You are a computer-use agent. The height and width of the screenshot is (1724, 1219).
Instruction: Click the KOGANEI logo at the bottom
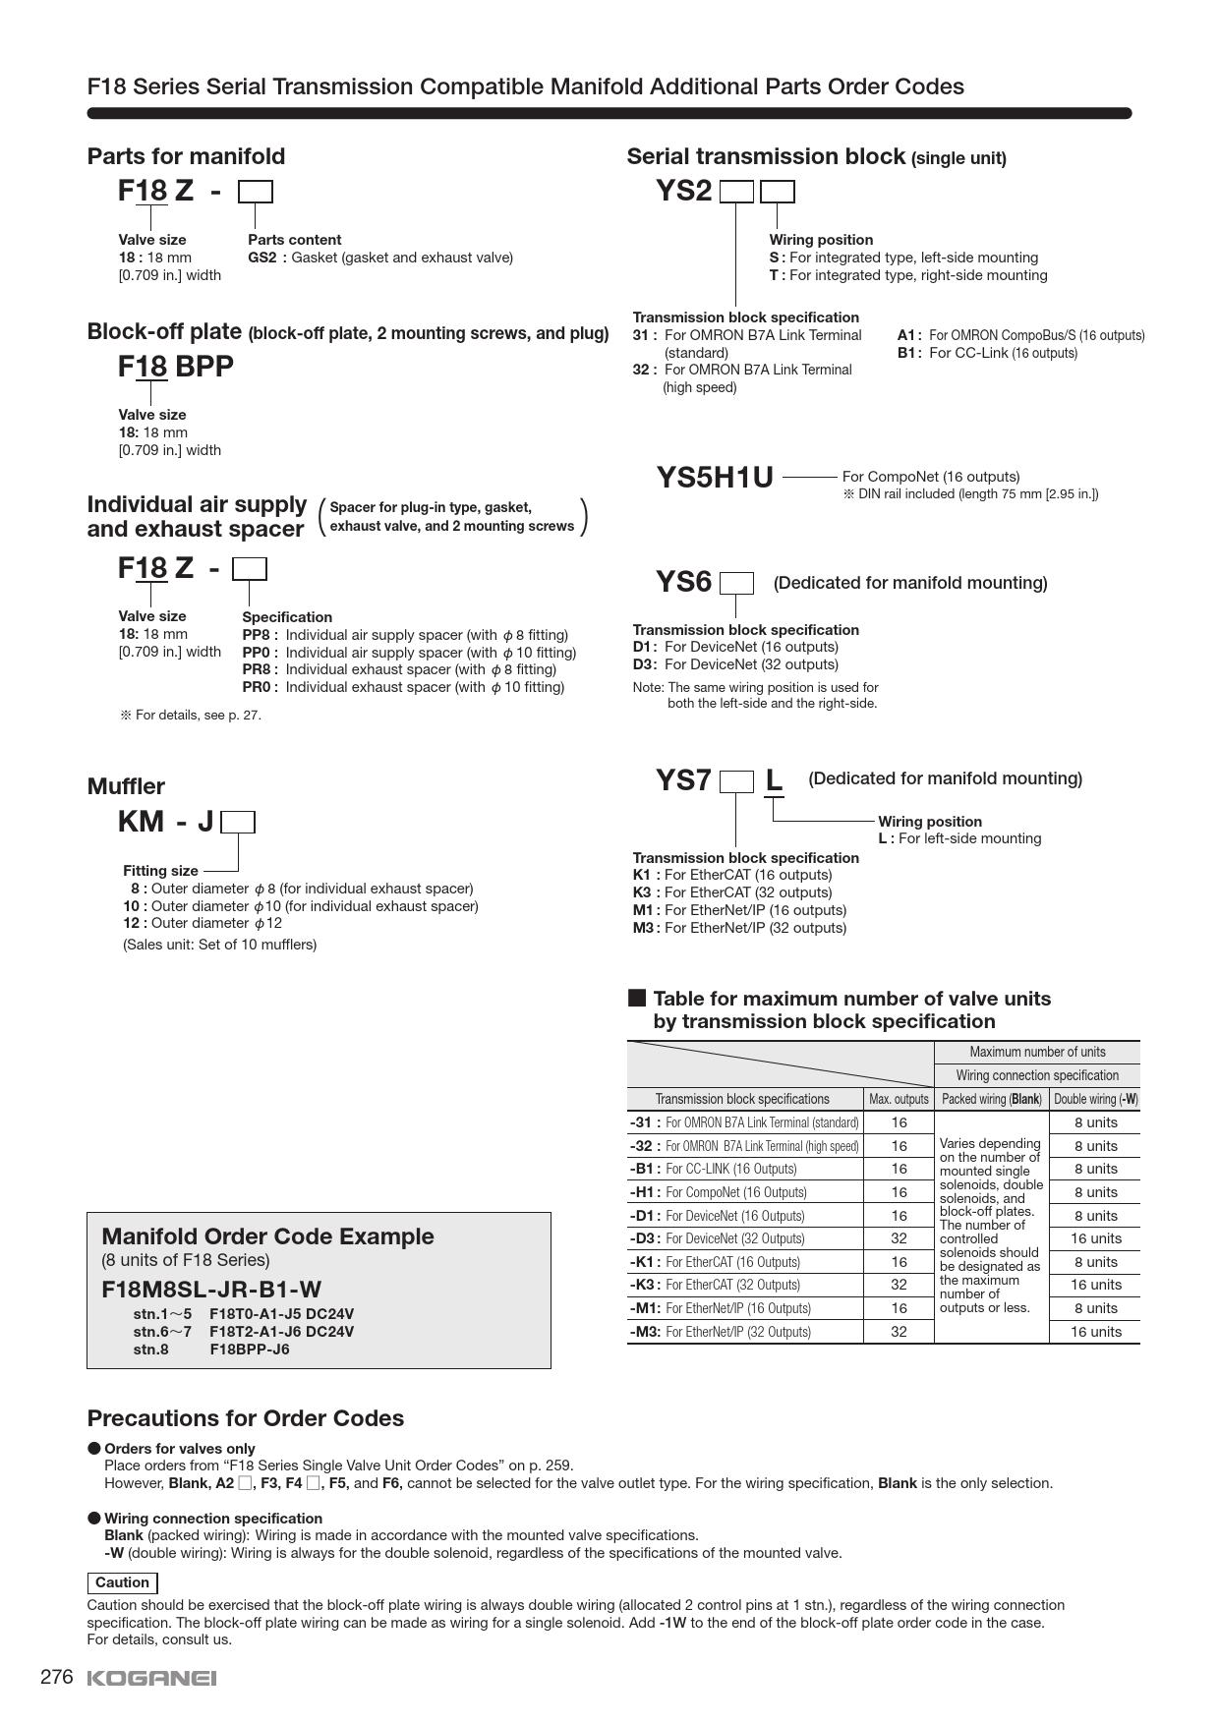pos(151,1678)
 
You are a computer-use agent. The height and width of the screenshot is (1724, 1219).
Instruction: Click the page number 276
pos(57,1677)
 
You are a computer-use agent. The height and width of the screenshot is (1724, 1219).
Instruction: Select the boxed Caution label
pos(123,1582)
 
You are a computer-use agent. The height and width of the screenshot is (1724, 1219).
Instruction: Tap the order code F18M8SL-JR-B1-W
pos(211,1290)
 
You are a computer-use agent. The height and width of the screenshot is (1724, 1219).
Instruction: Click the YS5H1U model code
pos(715,478)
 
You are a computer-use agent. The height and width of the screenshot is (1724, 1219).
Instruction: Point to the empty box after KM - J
pos(238,822)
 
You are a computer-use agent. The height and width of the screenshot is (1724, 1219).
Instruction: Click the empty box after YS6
pos(736,584)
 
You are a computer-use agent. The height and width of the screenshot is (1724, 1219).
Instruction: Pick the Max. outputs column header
pos(899,1099)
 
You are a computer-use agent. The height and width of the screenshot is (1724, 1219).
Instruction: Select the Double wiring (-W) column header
pos(1095,1099)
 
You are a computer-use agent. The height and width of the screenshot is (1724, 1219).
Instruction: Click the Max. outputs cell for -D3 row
pos(899,1238)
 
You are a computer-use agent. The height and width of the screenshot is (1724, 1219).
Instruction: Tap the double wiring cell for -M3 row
pos(1095,1332)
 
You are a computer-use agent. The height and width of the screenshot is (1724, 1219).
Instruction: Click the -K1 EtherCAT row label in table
pos(715,1262)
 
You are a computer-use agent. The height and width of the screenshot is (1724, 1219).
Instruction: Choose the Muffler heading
pos(126,786)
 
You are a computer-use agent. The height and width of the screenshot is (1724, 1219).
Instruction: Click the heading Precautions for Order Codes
pos(246,1418)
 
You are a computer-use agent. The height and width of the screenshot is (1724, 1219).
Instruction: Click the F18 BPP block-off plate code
pos(176,367)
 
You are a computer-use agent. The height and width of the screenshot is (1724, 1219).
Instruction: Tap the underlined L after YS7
pos(774,780)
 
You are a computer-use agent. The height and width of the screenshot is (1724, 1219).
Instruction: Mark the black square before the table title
pos(637,999)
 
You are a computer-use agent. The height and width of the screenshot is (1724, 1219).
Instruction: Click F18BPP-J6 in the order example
pos(250,1349)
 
